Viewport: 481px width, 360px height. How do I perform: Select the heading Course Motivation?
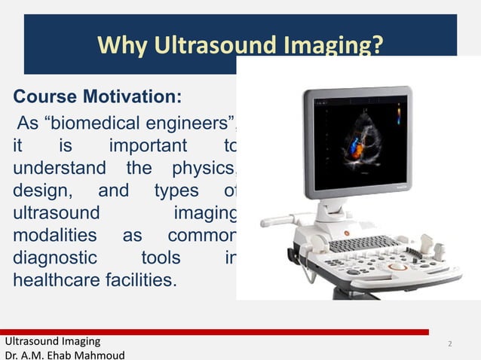97,98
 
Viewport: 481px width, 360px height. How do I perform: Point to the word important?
150,145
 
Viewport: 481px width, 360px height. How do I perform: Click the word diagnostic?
54,258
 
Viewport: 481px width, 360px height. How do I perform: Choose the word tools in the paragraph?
161,258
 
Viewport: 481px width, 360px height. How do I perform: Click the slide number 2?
450,344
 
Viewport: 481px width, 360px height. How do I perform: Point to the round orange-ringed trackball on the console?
397,266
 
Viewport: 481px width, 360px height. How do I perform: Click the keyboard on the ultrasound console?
363,244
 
